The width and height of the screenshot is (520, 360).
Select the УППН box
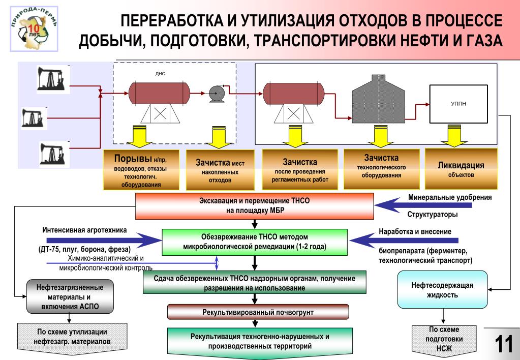click(x=458, y=104)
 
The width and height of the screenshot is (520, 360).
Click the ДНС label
click(x=160, y=74)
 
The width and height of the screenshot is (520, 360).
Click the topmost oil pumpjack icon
click(x=50, y=79)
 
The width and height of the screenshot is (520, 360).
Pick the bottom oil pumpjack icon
click(x=52, y=153)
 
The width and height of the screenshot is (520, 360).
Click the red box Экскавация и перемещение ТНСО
click(x=254, y=205)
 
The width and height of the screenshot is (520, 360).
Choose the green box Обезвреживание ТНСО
click(x=254, y=242)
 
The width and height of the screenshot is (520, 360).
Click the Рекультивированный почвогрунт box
click(x=258, y=311)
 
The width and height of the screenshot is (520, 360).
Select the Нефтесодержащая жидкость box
click(x=442, y=290)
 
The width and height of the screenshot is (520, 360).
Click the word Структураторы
click(x=433, y=215)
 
